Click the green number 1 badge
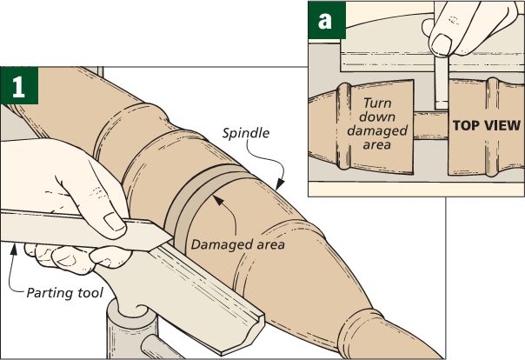pyautogui.click(x=17, y=85)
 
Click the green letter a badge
pyautogui.click(x=326, y=19)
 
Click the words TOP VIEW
pyautogui.click(x=485, y=125)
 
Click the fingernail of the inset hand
pyautogui.click(x=442, y=43)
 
